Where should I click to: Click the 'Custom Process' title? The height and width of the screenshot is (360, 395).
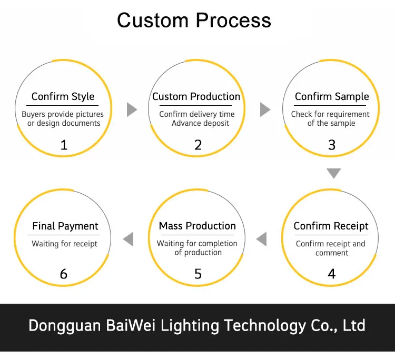click(194, 20)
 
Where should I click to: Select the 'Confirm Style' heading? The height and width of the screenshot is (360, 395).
click(63, 96)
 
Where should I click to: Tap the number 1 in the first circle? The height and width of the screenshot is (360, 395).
click(64, 145)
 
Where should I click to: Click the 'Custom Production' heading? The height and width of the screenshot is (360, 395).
click(196, 96)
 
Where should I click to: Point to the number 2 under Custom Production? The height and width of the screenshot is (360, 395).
click(197, 145)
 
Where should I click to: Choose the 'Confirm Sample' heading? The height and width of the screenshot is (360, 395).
click(332, 96)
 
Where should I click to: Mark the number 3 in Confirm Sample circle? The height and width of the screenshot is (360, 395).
click(331, 145)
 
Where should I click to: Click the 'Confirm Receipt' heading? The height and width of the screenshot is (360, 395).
click(331, 226)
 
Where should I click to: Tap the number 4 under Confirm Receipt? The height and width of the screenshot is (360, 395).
click(331, 274)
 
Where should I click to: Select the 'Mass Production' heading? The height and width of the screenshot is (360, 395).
click(197, 226)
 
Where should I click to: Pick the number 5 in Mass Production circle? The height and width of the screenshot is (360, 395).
click(197, 274)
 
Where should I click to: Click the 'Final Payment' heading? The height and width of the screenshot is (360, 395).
click(65, 226)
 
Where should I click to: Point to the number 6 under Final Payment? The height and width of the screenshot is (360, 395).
click(64, 274)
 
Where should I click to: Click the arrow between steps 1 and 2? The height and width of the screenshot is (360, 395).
click(132, 109)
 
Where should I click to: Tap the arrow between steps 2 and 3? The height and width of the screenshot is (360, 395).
click(265, 109)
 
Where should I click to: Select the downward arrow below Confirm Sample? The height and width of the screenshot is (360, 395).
click(333, 173)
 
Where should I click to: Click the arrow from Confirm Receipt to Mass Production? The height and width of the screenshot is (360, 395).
click(262, 239)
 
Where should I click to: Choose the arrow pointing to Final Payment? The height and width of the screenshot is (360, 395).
click(128, 239)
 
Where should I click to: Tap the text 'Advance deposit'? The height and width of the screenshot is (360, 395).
click(201, 123)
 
